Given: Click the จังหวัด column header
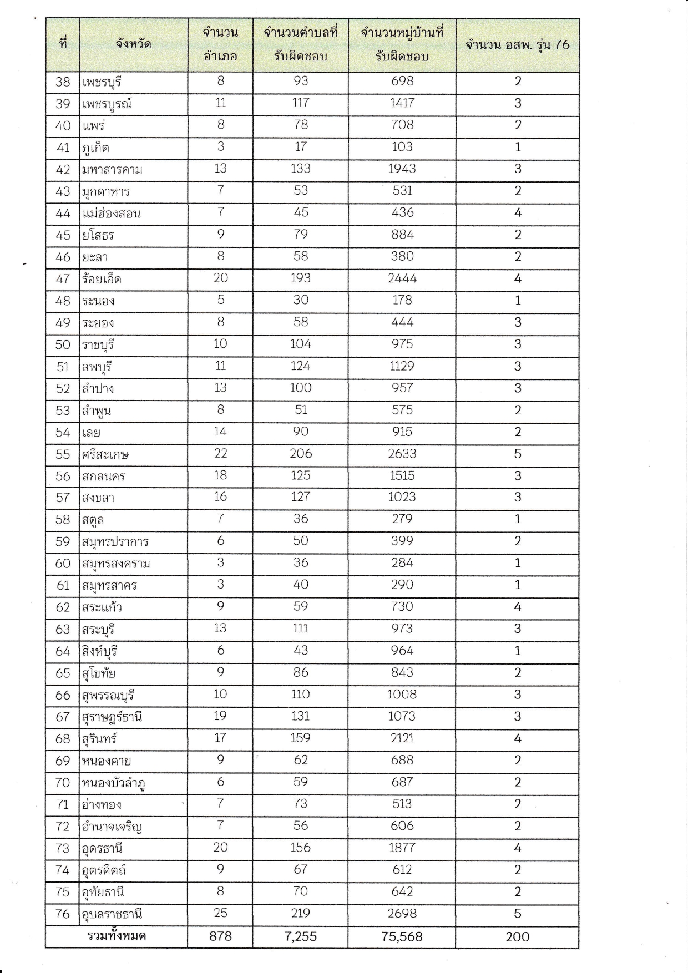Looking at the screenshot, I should [x=133, y=44].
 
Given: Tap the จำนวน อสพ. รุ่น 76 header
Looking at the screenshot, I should [x=517, y=45].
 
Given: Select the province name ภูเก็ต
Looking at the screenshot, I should [x=95, y=148].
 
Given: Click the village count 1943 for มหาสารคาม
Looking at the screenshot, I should [x=402, y=169].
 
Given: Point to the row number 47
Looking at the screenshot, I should [x=63, y=279].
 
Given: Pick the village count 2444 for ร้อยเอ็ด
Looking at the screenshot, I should [x=402, y=278].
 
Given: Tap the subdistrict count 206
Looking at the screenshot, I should [x=300, y=454].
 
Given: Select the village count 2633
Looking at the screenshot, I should [x=402, y=454].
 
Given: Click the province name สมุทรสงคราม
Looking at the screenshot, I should [x=116, y=564].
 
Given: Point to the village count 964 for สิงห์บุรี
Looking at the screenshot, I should [x=402, y=651].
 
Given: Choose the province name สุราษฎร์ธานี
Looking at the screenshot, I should [x=112, y=717].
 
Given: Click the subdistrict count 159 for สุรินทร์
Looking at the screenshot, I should [x=300, y=738].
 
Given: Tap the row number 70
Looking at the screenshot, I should [x=63, y=783].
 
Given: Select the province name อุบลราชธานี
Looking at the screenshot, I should [x=112, y=914].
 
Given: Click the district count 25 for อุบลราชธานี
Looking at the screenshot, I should [x=220, y=914].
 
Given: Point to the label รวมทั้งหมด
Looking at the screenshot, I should [x=117, y=936].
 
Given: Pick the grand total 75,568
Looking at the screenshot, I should [x=402, y=937].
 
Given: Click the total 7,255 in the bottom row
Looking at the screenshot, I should [x=300, y=937].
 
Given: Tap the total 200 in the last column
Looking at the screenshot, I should [x=517, y=937].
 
